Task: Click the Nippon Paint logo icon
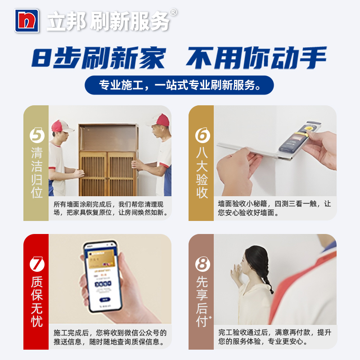[28, 20]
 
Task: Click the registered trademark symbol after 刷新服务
[173, 13]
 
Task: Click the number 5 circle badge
[36, 135]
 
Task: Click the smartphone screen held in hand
[103, 277]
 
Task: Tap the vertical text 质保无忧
[36, 301]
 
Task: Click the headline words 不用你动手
[256, 58]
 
